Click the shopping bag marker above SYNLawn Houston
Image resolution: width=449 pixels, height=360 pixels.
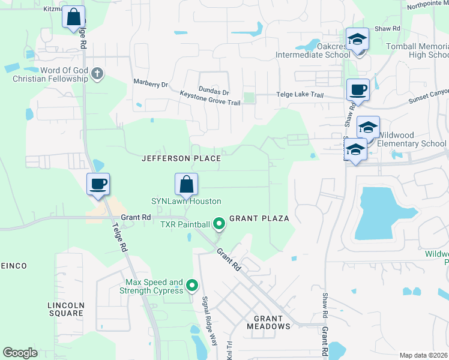tap(186, 184)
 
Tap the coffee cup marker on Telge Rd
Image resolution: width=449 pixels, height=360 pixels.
tap(98, 184)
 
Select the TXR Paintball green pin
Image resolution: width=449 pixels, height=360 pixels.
tap(219, 224)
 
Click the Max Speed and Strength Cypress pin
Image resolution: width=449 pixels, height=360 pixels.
tap(192, 286)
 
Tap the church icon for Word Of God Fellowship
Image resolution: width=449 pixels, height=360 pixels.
tap(98, 74)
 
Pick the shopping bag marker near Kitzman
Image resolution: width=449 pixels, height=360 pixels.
tap(73, 17)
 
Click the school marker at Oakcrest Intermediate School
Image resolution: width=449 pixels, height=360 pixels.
tap(358, 40)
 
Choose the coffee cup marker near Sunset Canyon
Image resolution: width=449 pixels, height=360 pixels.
tap(358, 91)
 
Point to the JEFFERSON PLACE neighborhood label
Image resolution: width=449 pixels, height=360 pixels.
tap(181, 158)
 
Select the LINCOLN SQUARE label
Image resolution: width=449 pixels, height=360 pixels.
tap(66, 309)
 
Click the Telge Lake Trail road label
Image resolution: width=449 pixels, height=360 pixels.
tap(300, 95)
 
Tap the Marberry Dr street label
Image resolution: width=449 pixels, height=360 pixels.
tap(151, 85)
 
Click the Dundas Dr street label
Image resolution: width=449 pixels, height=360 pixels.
tap(214, 92)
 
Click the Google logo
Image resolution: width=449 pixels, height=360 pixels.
tap(20, 353)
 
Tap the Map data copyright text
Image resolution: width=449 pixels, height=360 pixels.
tap(423, 355)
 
